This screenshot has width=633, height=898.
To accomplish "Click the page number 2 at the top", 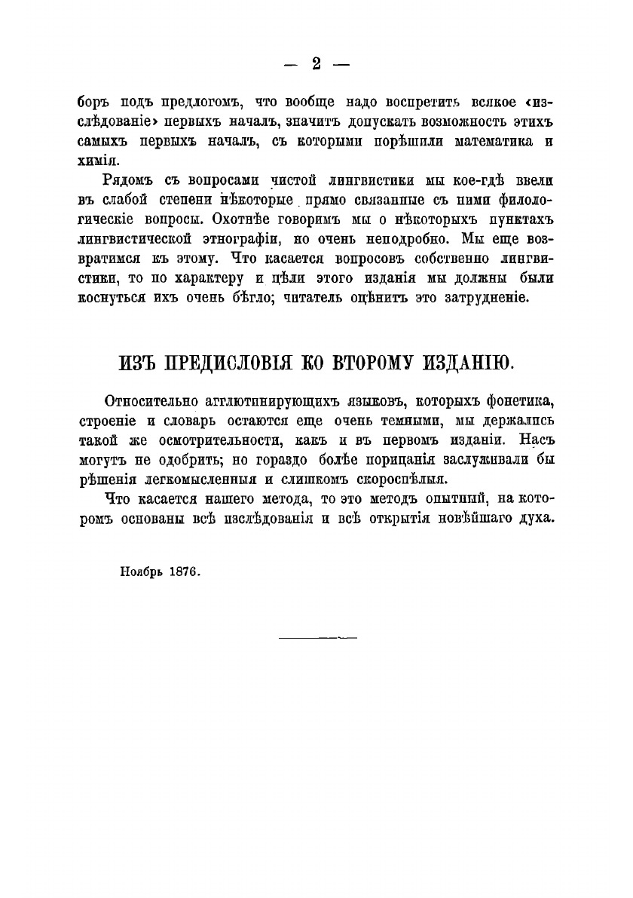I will click(x=316, y=64).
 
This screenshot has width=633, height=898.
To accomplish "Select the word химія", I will click(x=97, y=161).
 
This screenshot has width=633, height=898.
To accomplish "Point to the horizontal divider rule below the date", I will click(x=317, y=638).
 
